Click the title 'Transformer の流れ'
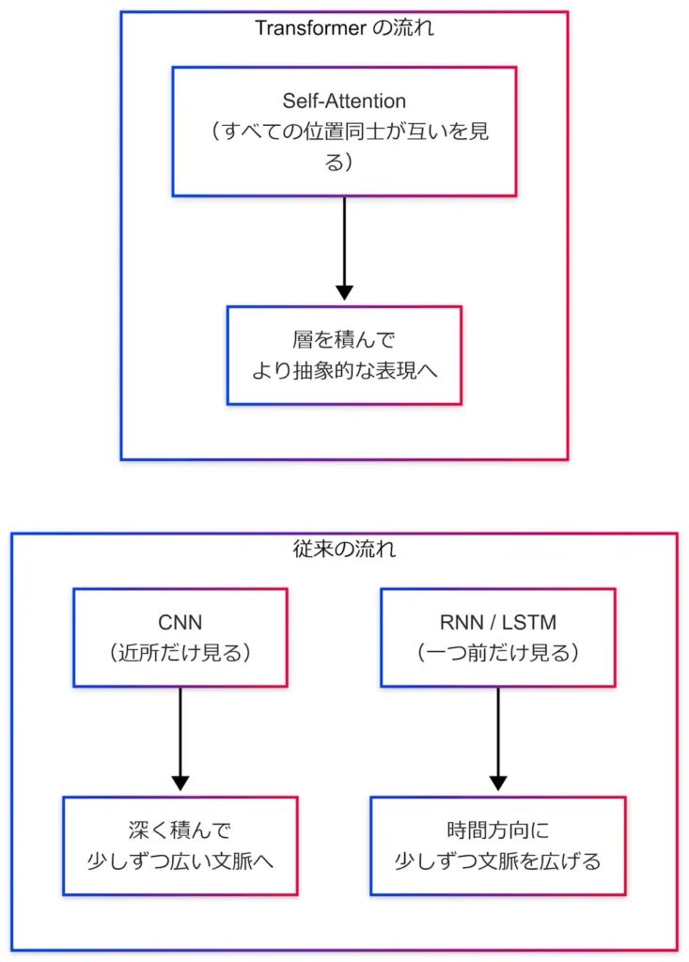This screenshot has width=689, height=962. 344,28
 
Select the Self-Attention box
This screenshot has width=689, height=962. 344,131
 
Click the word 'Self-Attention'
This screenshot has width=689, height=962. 344,101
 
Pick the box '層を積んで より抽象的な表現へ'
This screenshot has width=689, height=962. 344,355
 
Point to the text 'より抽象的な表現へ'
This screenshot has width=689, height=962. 344,370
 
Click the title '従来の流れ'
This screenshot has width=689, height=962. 344,550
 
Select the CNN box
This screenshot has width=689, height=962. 180,637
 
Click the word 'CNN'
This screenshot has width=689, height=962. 180,622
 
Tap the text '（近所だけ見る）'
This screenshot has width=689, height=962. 180,653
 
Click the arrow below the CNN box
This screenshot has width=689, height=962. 180,737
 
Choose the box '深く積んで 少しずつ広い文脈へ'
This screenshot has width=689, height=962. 180,846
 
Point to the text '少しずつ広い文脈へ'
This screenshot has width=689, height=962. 180,861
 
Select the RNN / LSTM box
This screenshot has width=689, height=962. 497,637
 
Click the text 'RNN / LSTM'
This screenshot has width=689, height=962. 497,622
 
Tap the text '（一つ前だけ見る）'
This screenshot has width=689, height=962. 497,653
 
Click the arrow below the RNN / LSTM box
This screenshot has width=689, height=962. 497,737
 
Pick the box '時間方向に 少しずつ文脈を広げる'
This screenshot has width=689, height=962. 497,846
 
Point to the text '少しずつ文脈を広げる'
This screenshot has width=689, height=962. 497,861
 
